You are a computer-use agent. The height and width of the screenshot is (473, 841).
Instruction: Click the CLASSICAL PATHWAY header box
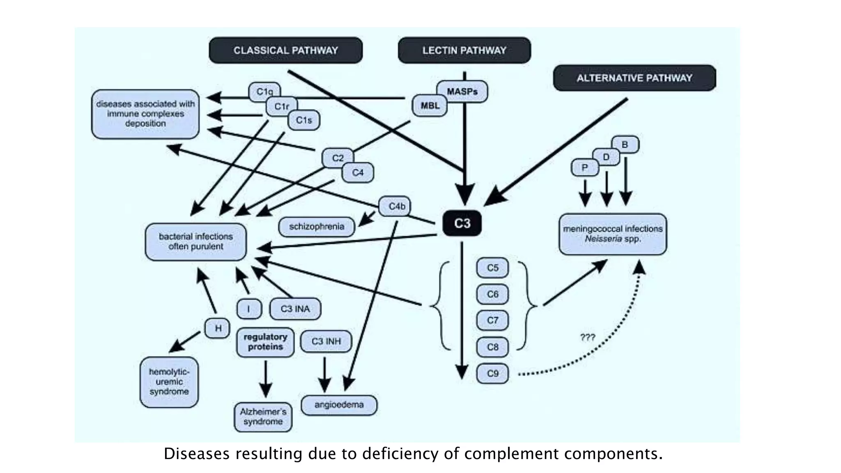point(285,50)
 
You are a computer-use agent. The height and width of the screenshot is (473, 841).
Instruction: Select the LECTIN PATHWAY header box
point(464,50)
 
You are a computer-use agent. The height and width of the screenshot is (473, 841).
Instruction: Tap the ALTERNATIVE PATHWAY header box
point(634,78)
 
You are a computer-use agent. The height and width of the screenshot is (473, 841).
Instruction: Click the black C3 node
point(462,223)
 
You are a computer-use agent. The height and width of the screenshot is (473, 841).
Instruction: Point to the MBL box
point(430,106)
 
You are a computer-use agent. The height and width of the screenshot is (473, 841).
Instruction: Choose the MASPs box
point(462,91)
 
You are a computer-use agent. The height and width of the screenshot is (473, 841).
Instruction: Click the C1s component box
point(304,120)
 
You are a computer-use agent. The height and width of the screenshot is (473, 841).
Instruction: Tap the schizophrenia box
point(316,227)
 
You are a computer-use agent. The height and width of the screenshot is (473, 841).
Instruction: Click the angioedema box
point(339,405)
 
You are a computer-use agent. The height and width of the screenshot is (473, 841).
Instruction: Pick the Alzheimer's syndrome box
point(263,417)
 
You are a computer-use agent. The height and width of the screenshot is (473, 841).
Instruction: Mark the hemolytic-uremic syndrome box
point(169,382)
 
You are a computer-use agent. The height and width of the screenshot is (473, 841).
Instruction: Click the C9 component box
point(492,374)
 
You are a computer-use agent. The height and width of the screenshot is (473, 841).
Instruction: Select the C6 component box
point(492,294)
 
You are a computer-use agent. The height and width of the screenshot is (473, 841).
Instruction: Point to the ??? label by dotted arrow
point(587,337)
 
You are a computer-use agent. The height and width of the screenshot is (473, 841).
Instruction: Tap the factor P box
point(585,168)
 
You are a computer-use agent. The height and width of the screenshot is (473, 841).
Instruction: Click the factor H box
point(218,328)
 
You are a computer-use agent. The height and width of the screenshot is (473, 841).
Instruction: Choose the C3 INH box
point(326,342)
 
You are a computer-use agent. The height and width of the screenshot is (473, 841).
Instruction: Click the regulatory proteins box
point(265,342)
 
